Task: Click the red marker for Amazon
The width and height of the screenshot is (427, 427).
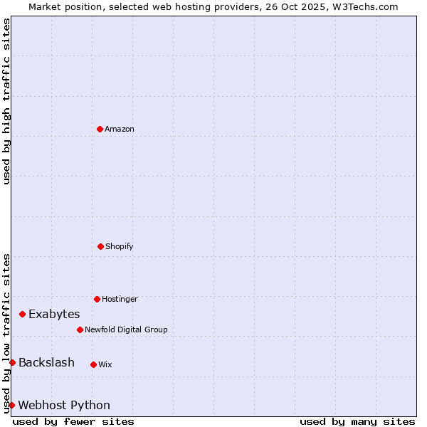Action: pyautogui.click(x=100, y=129)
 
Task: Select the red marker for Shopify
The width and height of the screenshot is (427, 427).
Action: pyautogui.click(x=100, y=246)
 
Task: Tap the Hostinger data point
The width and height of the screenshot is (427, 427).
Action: pyautogui.click(x=97, y=299)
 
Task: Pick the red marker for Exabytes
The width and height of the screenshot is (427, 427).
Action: pyautogui.click(x=22, y=314)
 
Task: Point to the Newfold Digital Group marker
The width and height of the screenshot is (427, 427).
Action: pyautogui.click(x=80, y=330)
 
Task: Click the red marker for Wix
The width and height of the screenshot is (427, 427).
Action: pyautogui.click(x=93, y=364)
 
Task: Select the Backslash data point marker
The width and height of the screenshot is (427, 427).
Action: pyautogui.click(x=12, y=362)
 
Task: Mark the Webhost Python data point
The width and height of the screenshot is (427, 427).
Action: pyautogui.click(x=11, y=405)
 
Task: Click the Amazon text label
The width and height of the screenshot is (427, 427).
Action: pyautogui.click(x=120, y=129)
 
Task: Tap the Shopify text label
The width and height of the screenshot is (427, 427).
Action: pyautogui.click(x=120, y=246)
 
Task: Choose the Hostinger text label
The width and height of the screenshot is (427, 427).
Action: pyautogui.click(x=120, y=299)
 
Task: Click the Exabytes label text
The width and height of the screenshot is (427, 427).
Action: pyautogui.click(x=54, y=314)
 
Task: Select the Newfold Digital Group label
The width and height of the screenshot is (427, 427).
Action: pyautogui.click(x=126, y=330)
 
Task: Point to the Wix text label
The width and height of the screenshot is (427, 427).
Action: pyautogui.click(x=105, y=364)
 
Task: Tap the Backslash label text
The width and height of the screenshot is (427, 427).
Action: pyautogui.click(x=46, y=362)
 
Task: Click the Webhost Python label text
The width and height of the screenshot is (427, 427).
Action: pyautogui.click(x=64, y=405)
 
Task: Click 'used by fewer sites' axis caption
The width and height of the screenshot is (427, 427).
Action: pyautogui.click(x=73, y=421)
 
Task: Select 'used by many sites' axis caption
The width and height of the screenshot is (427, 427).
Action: pyautogui.click(x=357, y=421)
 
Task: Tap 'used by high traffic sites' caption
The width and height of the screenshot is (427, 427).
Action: pyautogui.click(x=6, y=101)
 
